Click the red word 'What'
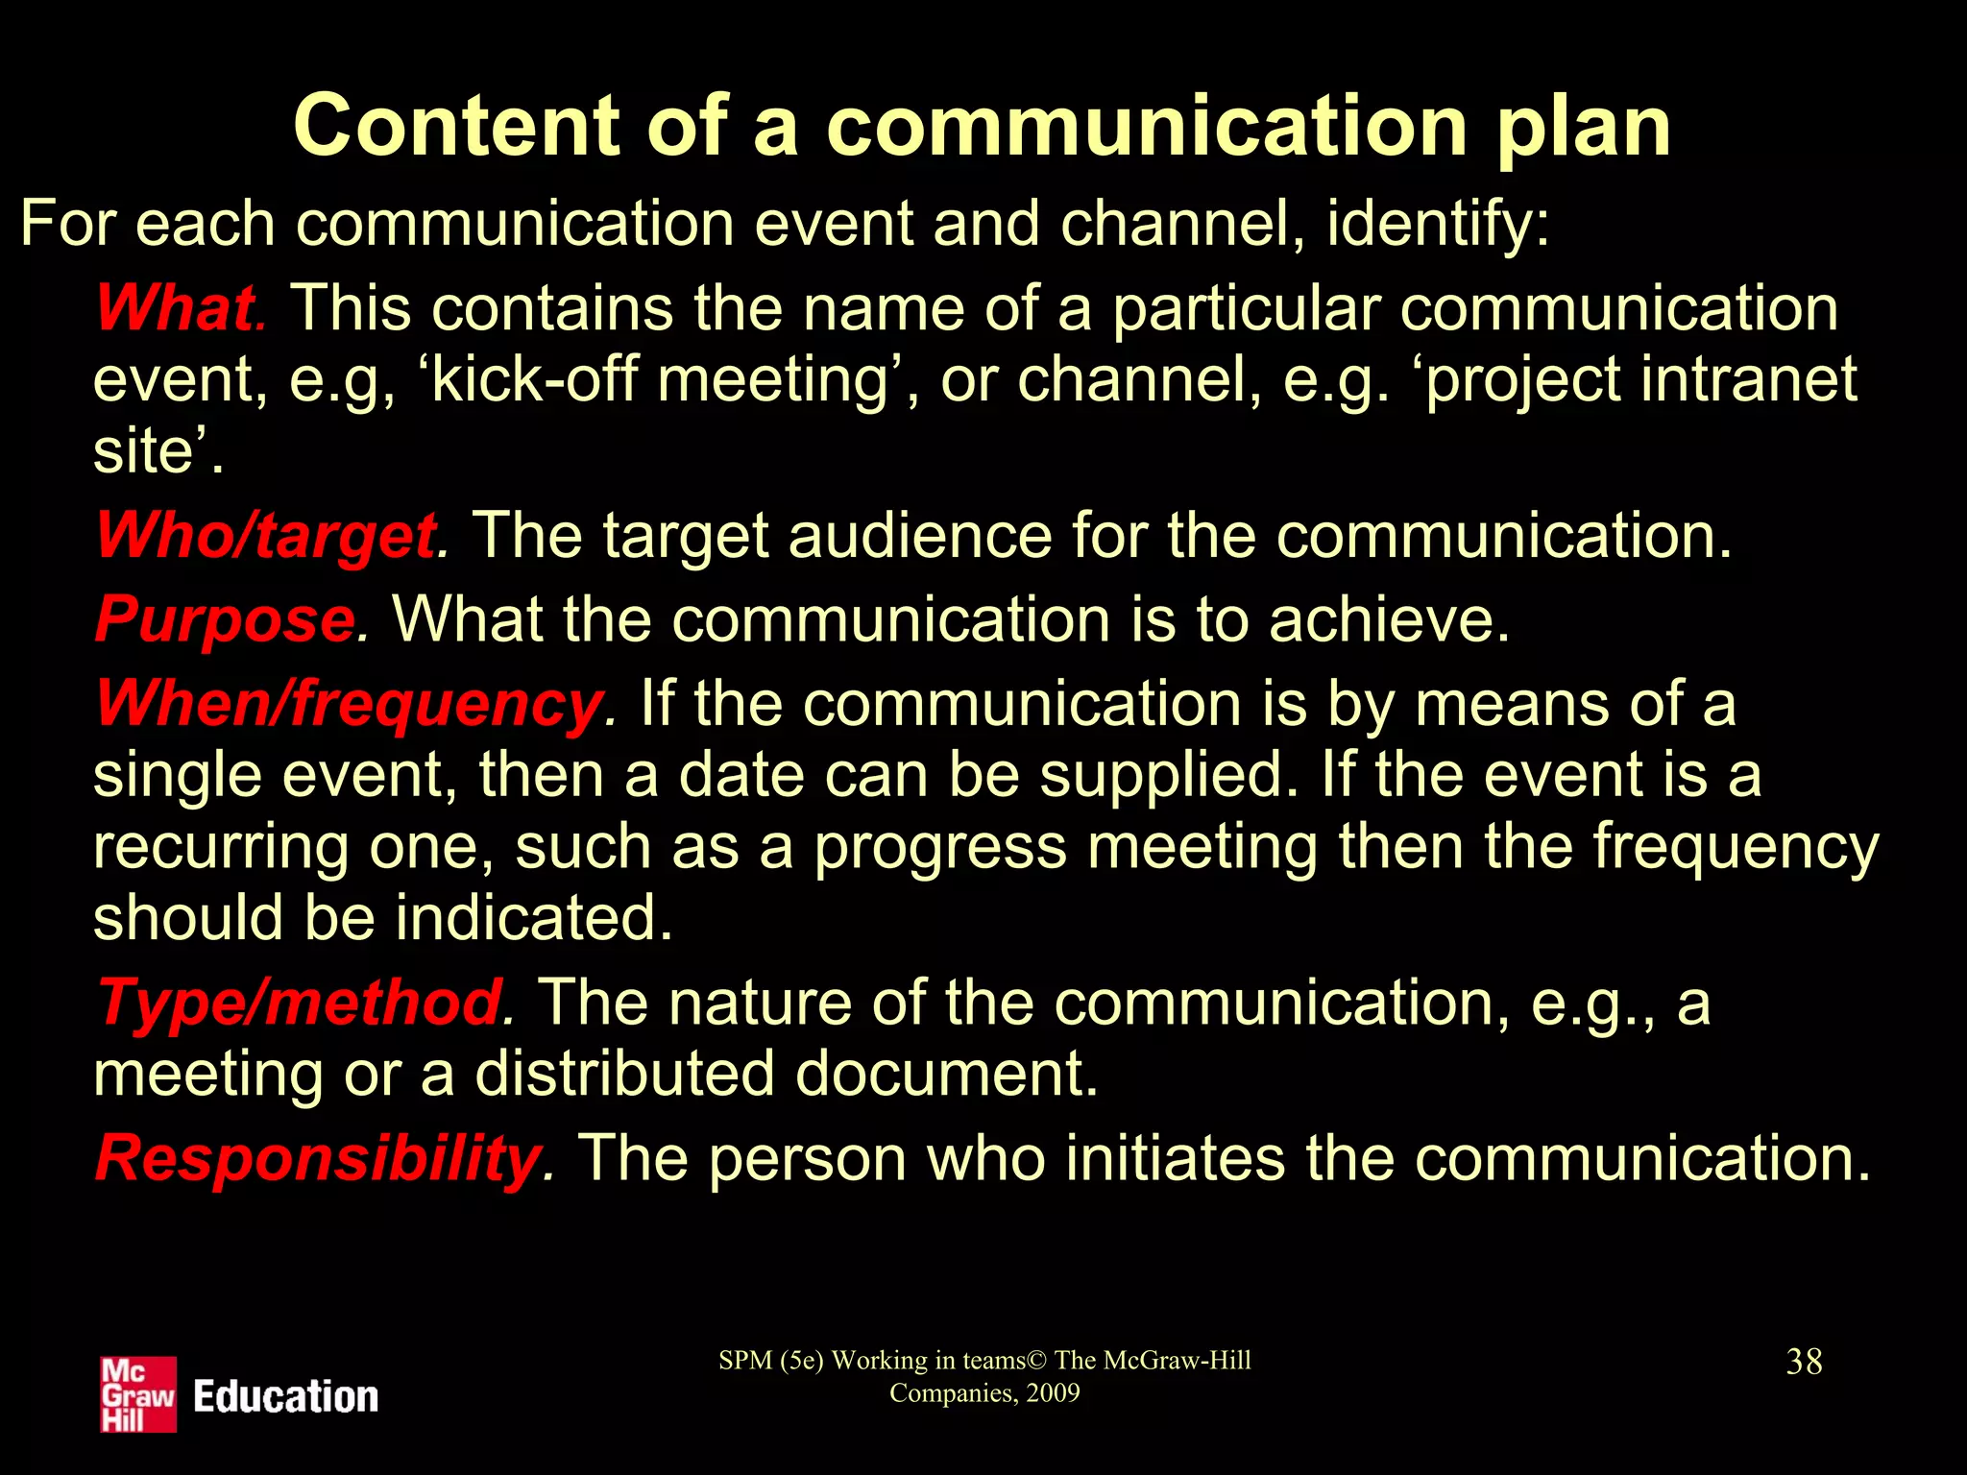[x=176, y=308]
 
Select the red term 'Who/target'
[x=266, y=535]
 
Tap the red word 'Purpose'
[x=225, y=619]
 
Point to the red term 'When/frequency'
[x=350, y=704]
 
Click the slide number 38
[x=1804, y=1362]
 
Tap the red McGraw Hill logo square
[x=138, y=1394]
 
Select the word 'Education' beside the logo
[x=286, y=1397]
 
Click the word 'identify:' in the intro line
[x=1438, y=224]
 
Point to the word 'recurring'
[x=220, y=847]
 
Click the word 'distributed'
[x=624, y=1074]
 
